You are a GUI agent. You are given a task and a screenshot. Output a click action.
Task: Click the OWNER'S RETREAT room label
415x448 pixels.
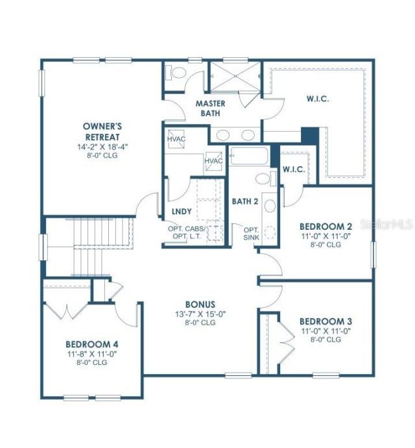click(x=103, y=131)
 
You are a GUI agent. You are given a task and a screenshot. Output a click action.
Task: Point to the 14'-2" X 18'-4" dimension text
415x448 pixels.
click(x=103, y=147)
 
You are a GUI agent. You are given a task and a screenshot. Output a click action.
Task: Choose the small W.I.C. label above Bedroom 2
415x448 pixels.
click(x=295, y=169)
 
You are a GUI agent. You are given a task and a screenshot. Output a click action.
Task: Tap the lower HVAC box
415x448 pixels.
click(x=213, y=161)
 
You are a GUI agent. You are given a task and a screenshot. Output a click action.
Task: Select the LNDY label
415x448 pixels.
click(x=182, y=212)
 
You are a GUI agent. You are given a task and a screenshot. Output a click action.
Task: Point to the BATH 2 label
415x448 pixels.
click(x=245, y=201)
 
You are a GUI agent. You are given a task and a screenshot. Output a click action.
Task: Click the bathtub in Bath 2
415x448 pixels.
click(x=249, y=156)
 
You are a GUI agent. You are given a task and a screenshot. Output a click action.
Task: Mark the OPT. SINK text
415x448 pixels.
click(x=252, y=234)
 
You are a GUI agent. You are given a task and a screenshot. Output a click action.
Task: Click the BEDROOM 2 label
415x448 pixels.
click(x=326, y=226)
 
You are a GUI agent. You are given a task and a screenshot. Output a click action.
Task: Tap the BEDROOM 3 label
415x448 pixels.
click(x=326, y=321)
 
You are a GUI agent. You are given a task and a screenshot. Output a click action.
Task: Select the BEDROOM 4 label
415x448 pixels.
click(x=92, y=344)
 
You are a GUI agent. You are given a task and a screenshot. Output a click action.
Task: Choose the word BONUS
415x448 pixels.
click(x=200, y=304)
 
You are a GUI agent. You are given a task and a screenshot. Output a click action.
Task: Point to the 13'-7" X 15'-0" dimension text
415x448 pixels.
click(x=200, y=314)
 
